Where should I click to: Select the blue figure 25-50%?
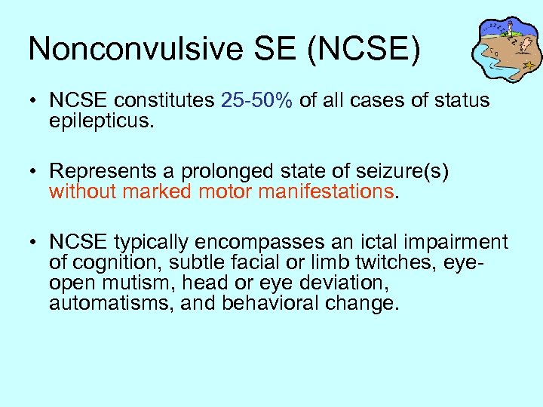click(257, 100)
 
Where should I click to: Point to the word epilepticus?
click(101, 121)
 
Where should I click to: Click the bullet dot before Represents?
click(35, 173)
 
